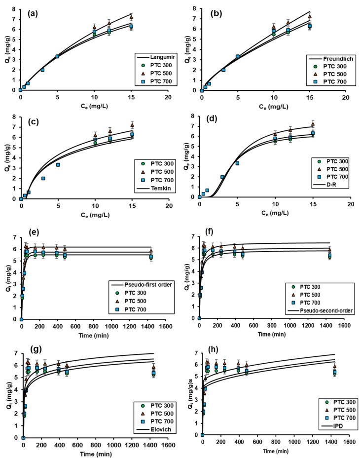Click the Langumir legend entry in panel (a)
click(x=157, y=57)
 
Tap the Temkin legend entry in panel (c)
click(x=155, y=188)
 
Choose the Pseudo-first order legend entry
click(x=141, y=285)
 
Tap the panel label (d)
click(x=216, y=121)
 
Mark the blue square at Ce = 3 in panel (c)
click(x=43, y=178)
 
